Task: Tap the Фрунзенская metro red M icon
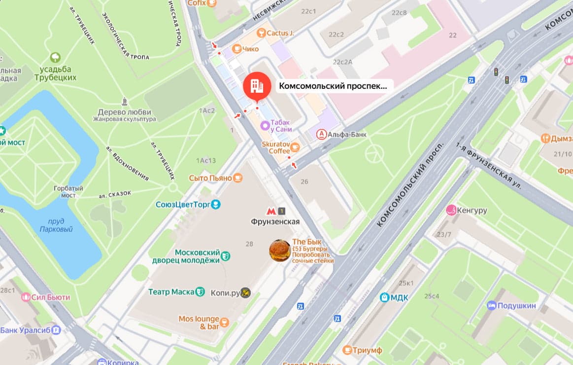[x=271, y=211]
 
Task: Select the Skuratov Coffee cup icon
[x=295, y=147]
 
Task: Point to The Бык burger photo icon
[x=279, y=251]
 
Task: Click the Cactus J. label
[x=280, y=33]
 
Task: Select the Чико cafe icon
[x=236, y=48]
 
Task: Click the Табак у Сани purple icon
[x=265, y=126]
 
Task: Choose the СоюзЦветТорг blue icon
[x=215, y=204]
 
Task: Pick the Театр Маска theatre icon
[x=200, y=292]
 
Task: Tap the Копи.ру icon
[x=245, y=293]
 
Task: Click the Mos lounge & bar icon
[x=225, y=323]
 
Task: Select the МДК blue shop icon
[x=384, y=297]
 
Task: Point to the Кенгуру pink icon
[x=450, y=211]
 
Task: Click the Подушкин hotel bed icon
[x=491, y=305]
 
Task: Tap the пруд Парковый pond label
[x=56, y=225]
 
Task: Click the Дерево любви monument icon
[x=125, y=102]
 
